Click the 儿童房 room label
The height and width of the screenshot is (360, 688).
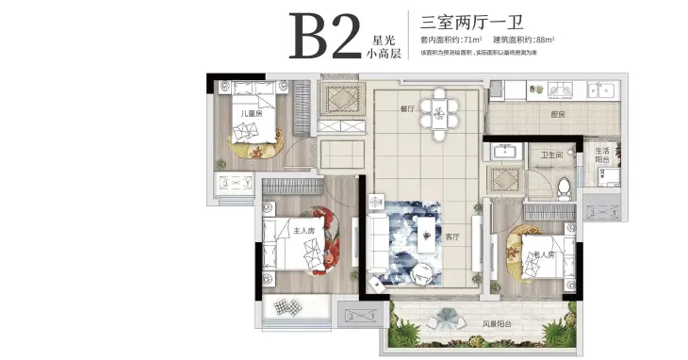pyautogui.click(x=249, y=115)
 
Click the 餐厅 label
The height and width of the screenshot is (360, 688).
pyautogui.click(x=407, y=109)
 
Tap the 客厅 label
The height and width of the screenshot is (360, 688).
pyautogui.click(x=454, y=237)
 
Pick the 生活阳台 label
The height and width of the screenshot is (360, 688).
pyautogui.click(x=602, y=155)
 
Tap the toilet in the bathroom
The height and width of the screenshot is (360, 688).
pyautogui.click(x=564, y=185)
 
